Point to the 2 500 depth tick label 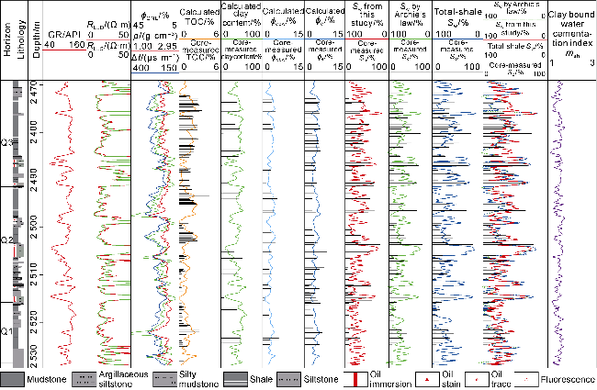[x=41, y=224]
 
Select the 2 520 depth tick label [x=41, y=315]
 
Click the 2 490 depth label [x=41, y=173]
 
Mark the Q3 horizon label [x=6, y=142]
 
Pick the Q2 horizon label [x=6, y=240]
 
